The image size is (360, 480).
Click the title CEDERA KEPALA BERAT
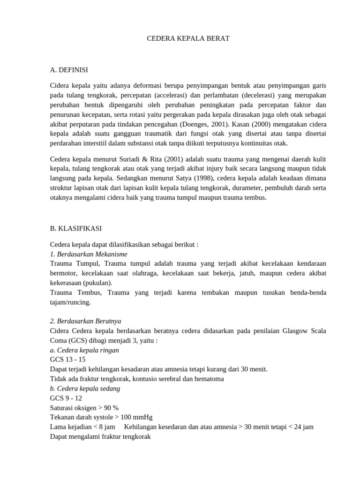pyautogui.click(x=188, y=38)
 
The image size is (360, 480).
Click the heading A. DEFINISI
pyautogui.click(x=69, y=70)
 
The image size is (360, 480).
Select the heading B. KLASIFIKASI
pyautogui.click(x=75, y=228)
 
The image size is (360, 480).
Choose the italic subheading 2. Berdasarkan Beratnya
pyautogui.click(x=85, y=321)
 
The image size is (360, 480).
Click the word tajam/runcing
pyautogui.click(x=70, y=302)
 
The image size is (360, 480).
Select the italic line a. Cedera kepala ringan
pyautogui.click(x=84, y=350)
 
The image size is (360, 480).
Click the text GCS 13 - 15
pyautogui.click(x=67, y=360)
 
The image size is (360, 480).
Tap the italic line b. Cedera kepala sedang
pyautogui.click(x=85, y=389)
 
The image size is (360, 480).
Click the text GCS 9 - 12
pyautogui.click(x=66, y=398)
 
